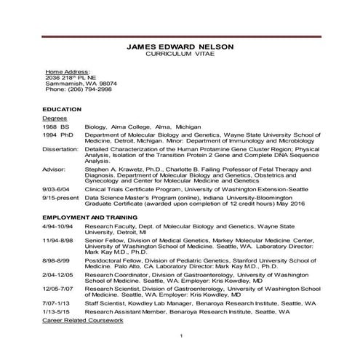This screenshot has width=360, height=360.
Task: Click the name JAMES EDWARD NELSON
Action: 180,47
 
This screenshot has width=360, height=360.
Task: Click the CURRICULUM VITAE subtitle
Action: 180,55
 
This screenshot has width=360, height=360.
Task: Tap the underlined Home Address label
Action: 68,73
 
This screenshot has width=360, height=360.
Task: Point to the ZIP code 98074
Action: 100,84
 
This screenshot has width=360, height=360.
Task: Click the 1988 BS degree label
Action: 55,126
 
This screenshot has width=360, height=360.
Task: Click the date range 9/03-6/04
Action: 57,189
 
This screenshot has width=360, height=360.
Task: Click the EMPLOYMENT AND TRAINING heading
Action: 89,217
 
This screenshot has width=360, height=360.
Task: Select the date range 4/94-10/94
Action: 58,227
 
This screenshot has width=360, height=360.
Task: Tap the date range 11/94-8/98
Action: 58,240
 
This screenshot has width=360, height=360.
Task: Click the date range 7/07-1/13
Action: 57,302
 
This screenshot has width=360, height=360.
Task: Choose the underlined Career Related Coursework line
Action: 82,320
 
